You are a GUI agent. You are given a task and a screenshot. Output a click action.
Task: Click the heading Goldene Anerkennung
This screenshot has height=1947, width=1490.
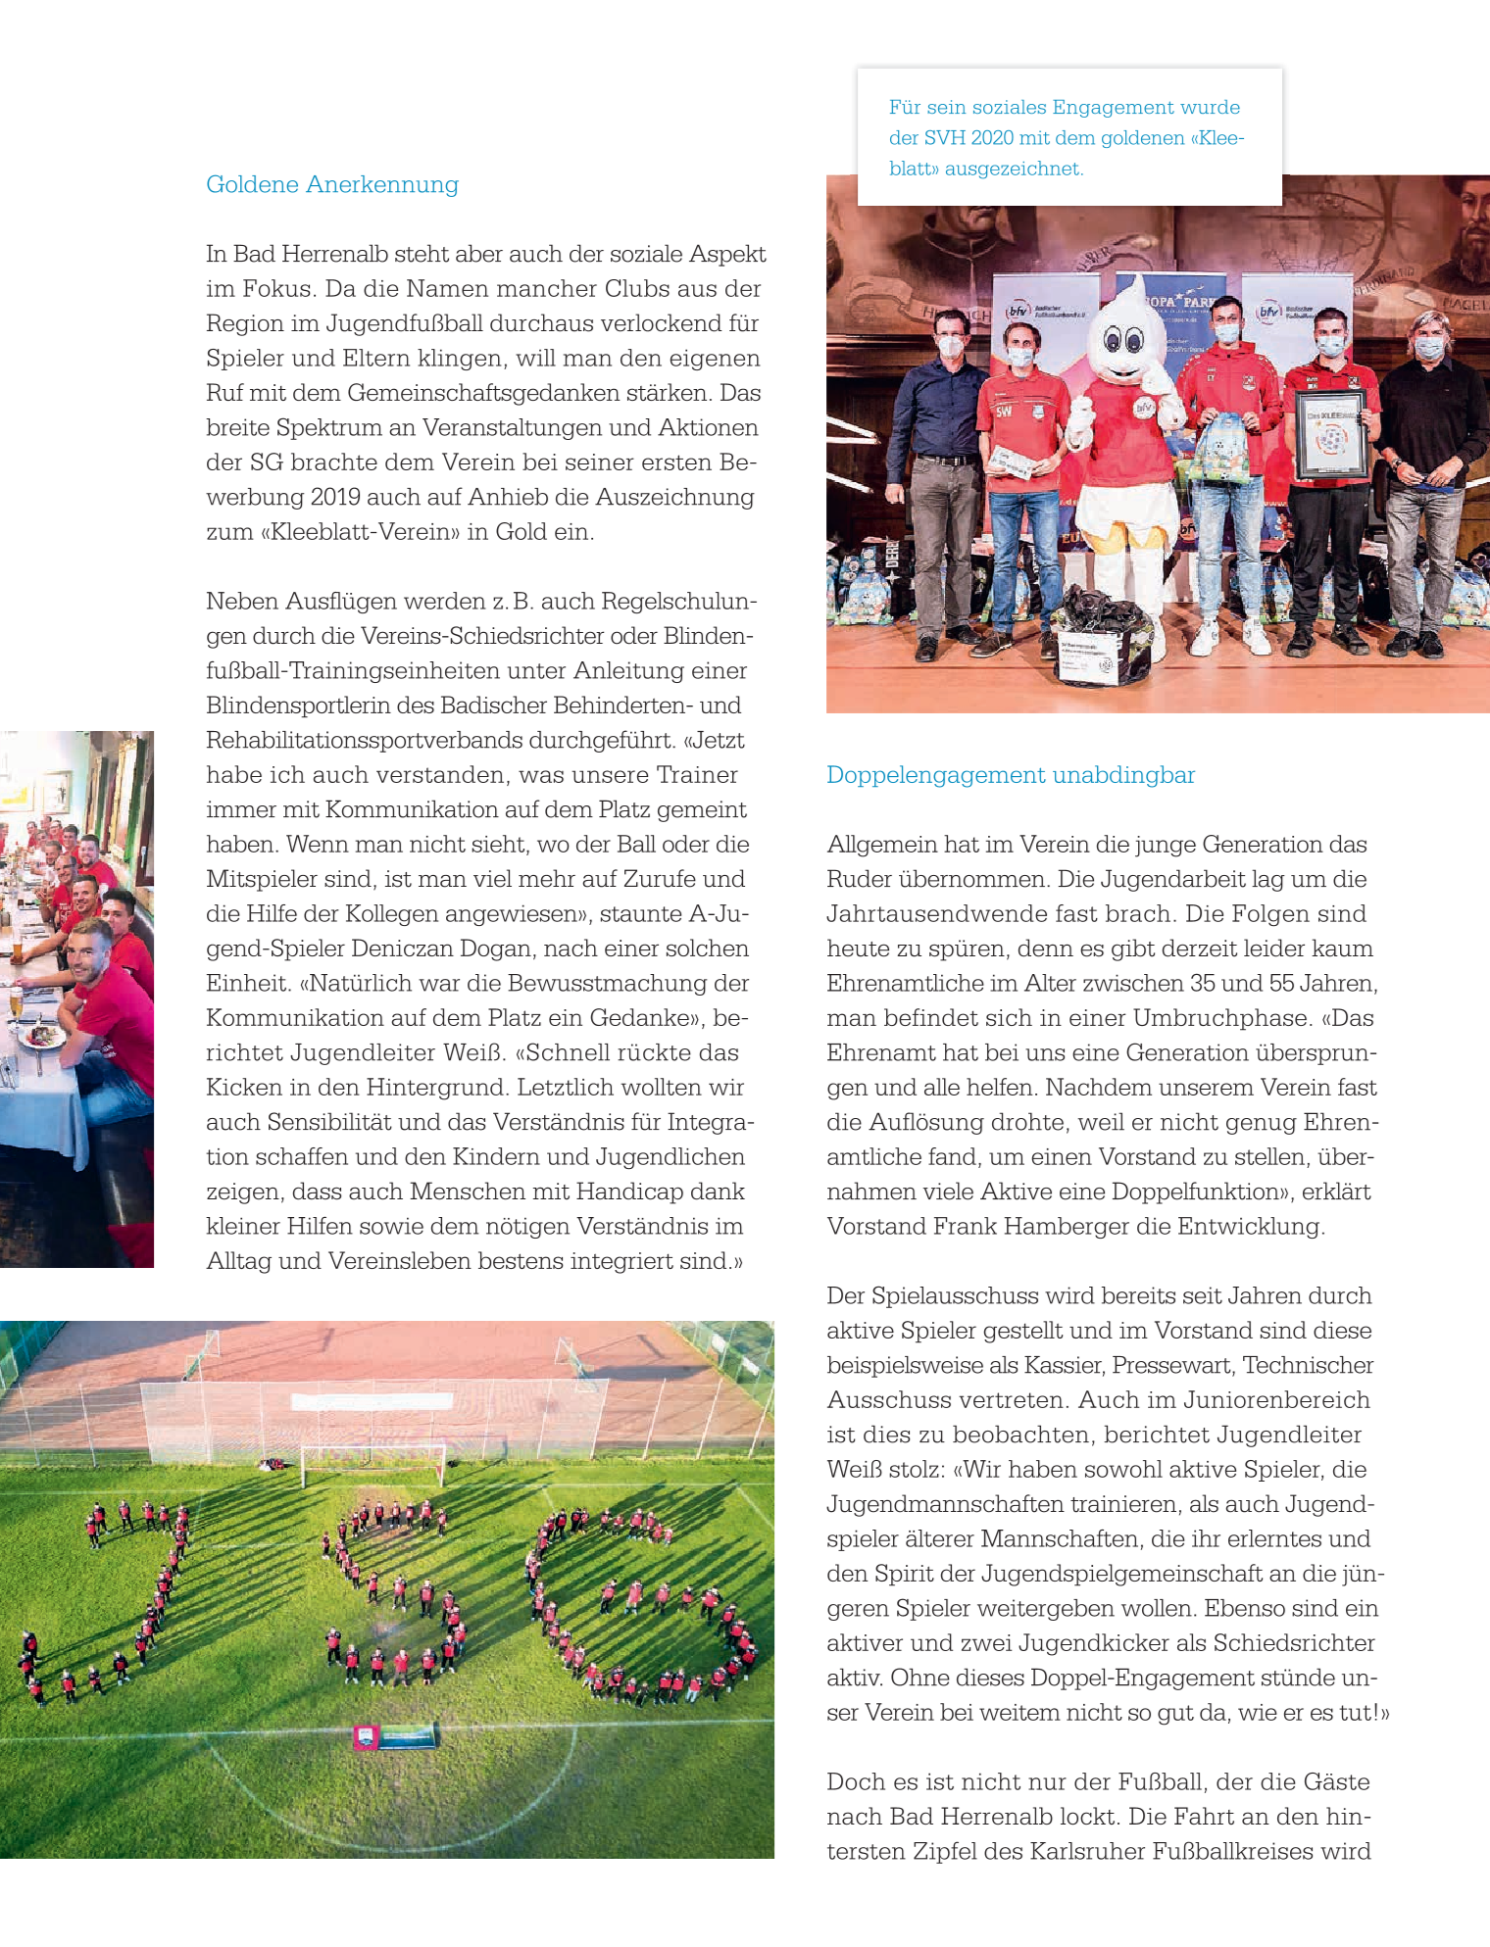tap(331, 184)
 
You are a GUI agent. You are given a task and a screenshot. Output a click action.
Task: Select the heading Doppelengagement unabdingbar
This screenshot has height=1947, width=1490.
tap(1010, 775)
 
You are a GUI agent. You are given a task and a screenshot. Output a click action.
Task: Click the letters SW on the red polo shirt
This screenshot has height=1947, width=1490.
tap(1004, 412)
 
